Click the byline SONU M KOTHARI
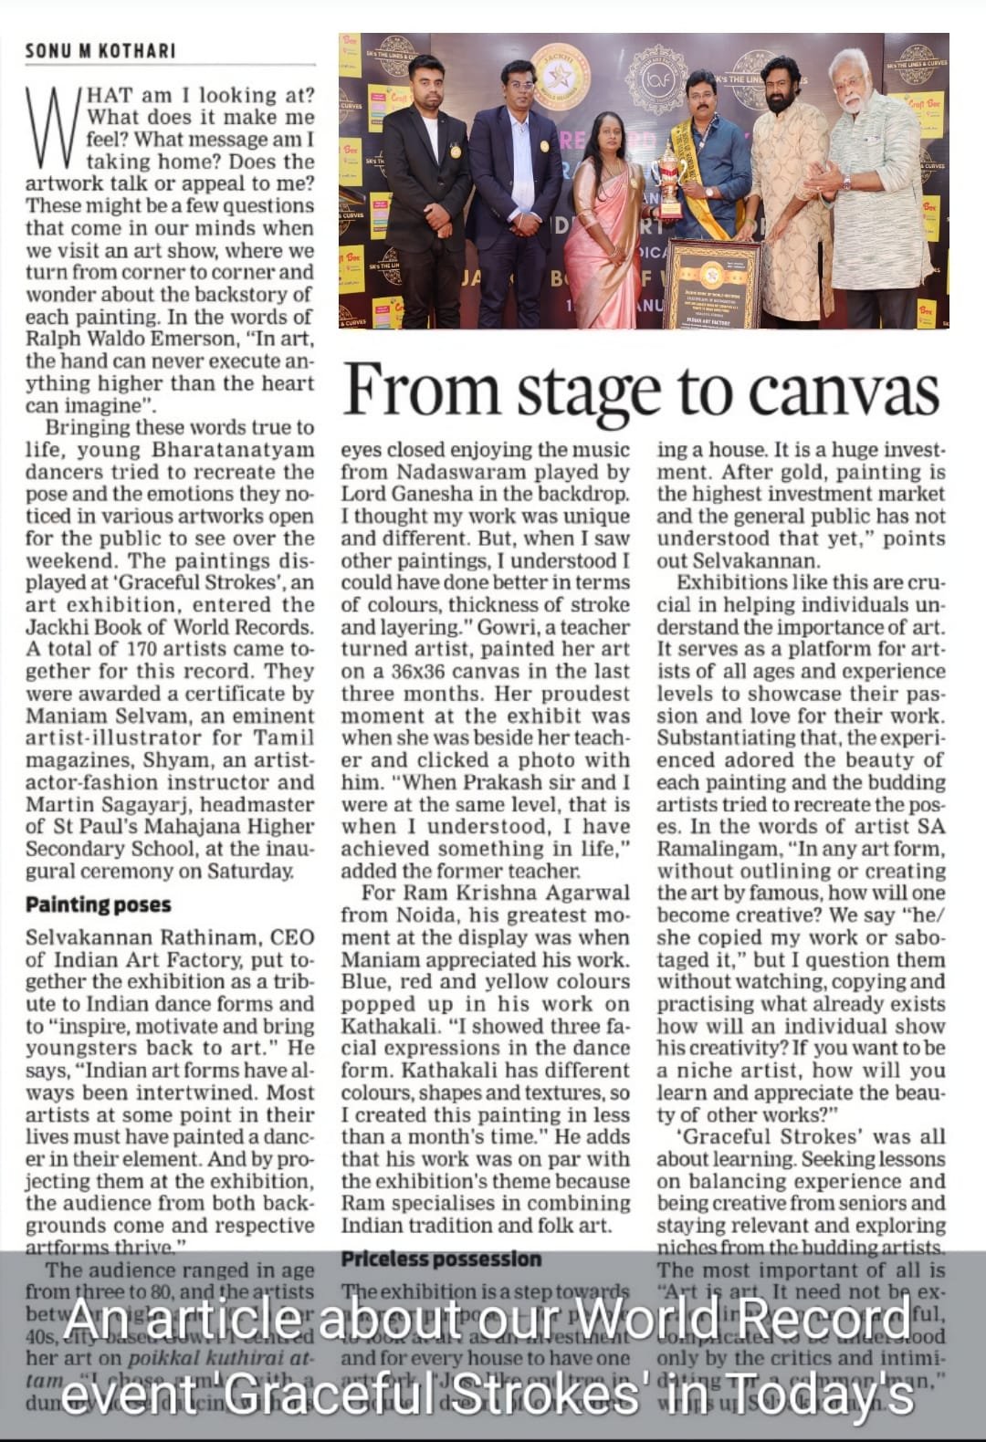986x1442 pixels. click(x=100, y=50)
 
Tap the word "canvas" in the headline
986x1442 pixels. click(x=844, y=391)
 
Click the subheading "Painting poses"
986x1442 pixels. click(x=98, y=905)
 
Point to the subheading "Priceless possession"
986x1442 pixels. click(x=441, y=1259)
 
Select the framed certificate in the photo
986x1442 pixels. click(x=714, y=283)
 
